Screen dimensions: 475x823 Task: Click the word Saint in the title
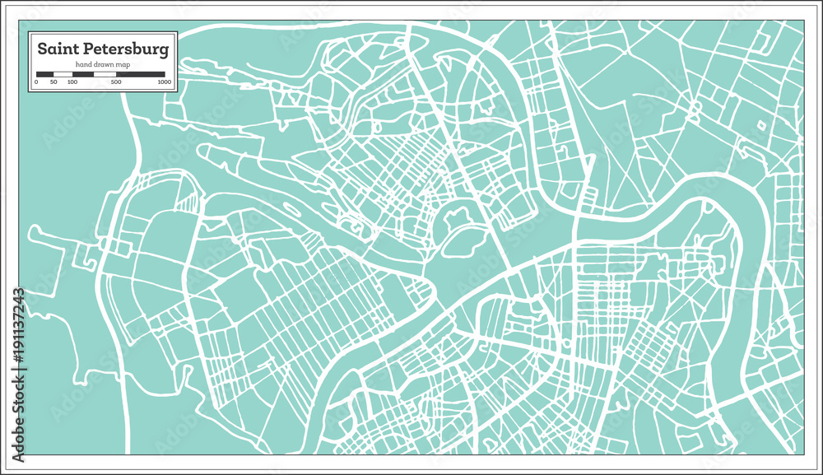click(58, 49)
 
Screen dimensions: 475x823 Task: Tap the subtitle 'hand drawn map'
click(103, 65)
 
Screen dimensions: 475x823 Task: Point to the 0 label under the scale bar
click(36, 82)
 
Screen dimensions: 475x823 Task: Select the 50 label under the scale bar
click(53, 82)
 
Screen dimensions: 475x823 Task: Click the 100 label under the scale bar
click(72, 82)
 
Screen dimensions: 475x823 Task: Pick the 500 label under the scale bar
click(116, 82)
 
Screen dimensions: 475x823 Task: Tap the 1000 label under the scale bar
click(165, 82)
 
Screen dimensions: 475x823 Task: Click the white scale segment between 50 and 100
click(63, 74)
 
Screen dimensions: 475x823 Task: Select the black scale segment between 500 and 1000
click(141, 74)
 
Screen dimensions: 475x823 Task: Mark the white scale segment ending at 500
click(105, 74)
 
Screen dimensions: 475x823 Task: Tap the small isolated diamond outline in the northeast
click(761, 125)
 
